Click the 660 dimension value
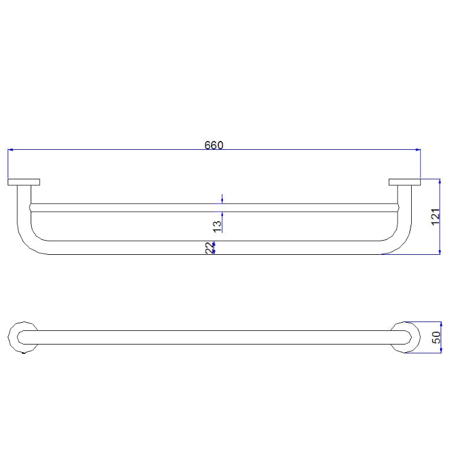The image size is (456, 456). point(214,145)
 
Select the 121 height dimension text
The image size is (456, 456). point(435,216)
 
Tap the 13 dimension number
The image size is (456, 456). point(216,225)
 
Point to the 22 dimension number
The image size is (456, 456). point(209,248)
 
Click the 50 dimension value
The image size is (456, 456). point(436,338)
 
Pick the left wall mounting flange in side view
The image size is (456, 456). point(24,182)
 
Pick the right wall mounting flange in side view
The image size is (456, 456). point(404,182)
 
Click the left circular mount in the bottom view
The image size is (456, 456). point(24,337)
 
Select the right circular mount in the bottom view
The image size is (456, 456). point(406,337)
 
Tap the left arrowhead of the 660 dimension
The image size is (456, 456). point(11,150)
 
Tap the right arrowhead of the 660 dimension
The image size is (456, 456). point(418,150)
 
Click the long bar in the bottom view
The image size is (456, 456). point(214,337)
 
